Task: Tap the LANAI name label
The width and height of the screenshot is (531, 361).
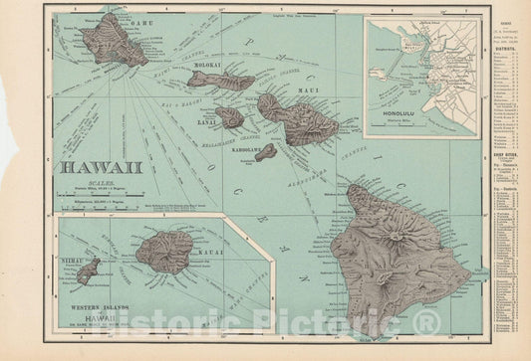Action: (209, 125)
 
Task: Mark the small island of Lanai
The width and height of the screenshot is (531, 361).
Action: (230, 117)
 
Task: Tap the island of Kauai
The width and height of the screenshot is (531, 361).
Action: (165, 253)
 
